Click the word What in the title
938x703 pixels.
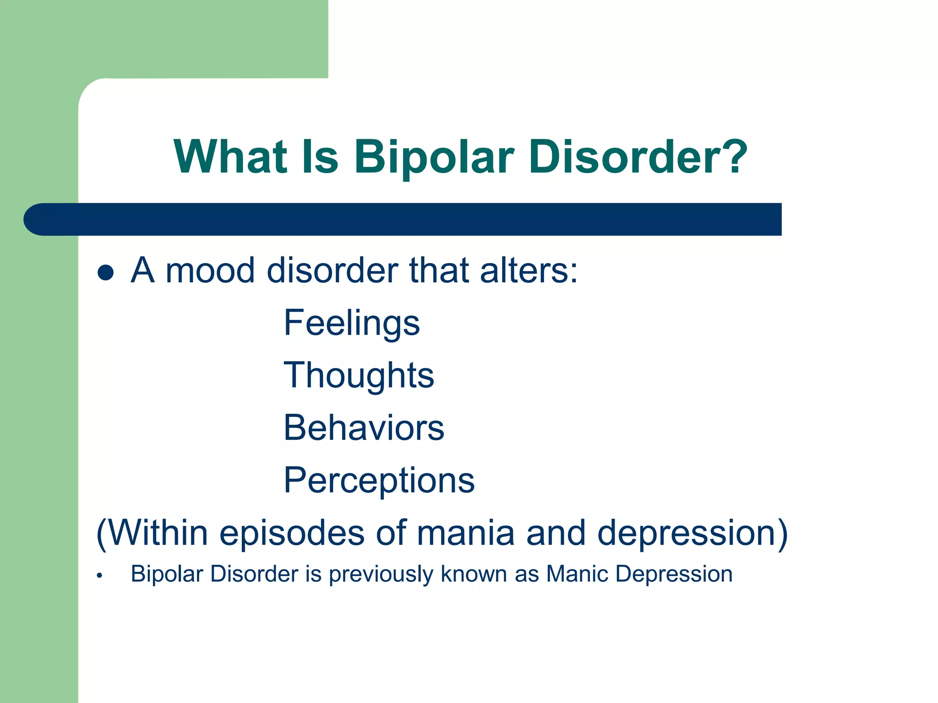pos(230,157)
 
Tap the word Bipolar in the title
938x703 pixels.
pos(434,157)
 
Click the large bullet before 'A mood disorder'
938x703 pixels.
pos(105,272)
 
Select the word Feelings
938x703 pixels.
pos(351,323)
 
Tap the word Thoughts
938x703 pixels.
pos(359,375)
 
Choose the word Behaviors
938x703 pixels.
pos(364,428)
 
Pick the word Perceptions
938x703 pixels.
pos(379,481)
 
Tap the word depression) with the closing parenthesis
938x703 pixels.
pos(692,533)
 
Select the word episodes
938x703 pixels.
pos(292,533)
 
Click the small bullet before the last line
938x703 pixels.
pos(99,576)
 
